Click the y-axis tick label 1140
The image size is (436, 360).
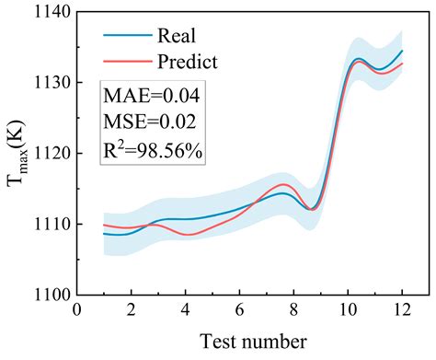[49, 13]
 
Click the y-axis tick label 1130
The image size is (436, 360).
[49, 83]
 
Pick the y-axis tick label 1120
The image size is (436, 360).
[49, 154]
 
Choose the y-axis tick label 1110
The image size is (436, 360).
[49, 224]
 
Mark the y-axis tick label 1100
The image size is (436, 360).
[49, 295]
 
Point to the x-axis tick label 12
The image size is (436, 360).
[401, 310]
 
